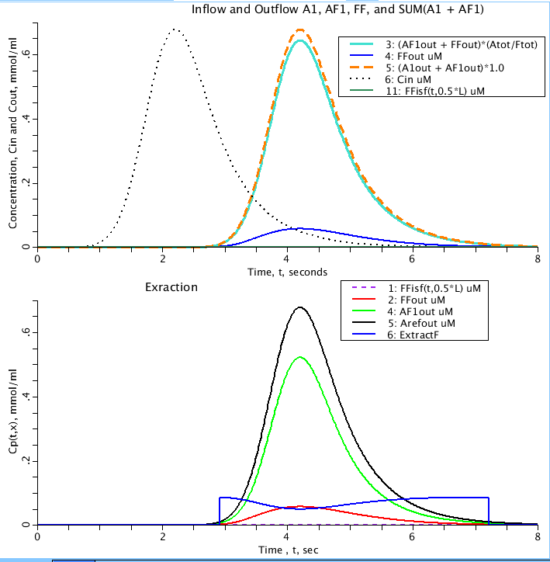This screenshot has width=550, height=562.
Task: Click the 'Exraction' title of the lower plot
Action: click(171, 287)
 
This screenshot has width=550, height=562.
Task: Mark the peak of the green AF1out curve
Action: click(299, 357)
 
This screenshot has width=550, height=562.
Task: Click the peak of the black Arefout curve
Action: click(299, 307)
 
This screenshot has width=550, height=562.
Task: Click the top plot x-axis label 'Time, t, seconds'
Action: click(287, 272)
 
